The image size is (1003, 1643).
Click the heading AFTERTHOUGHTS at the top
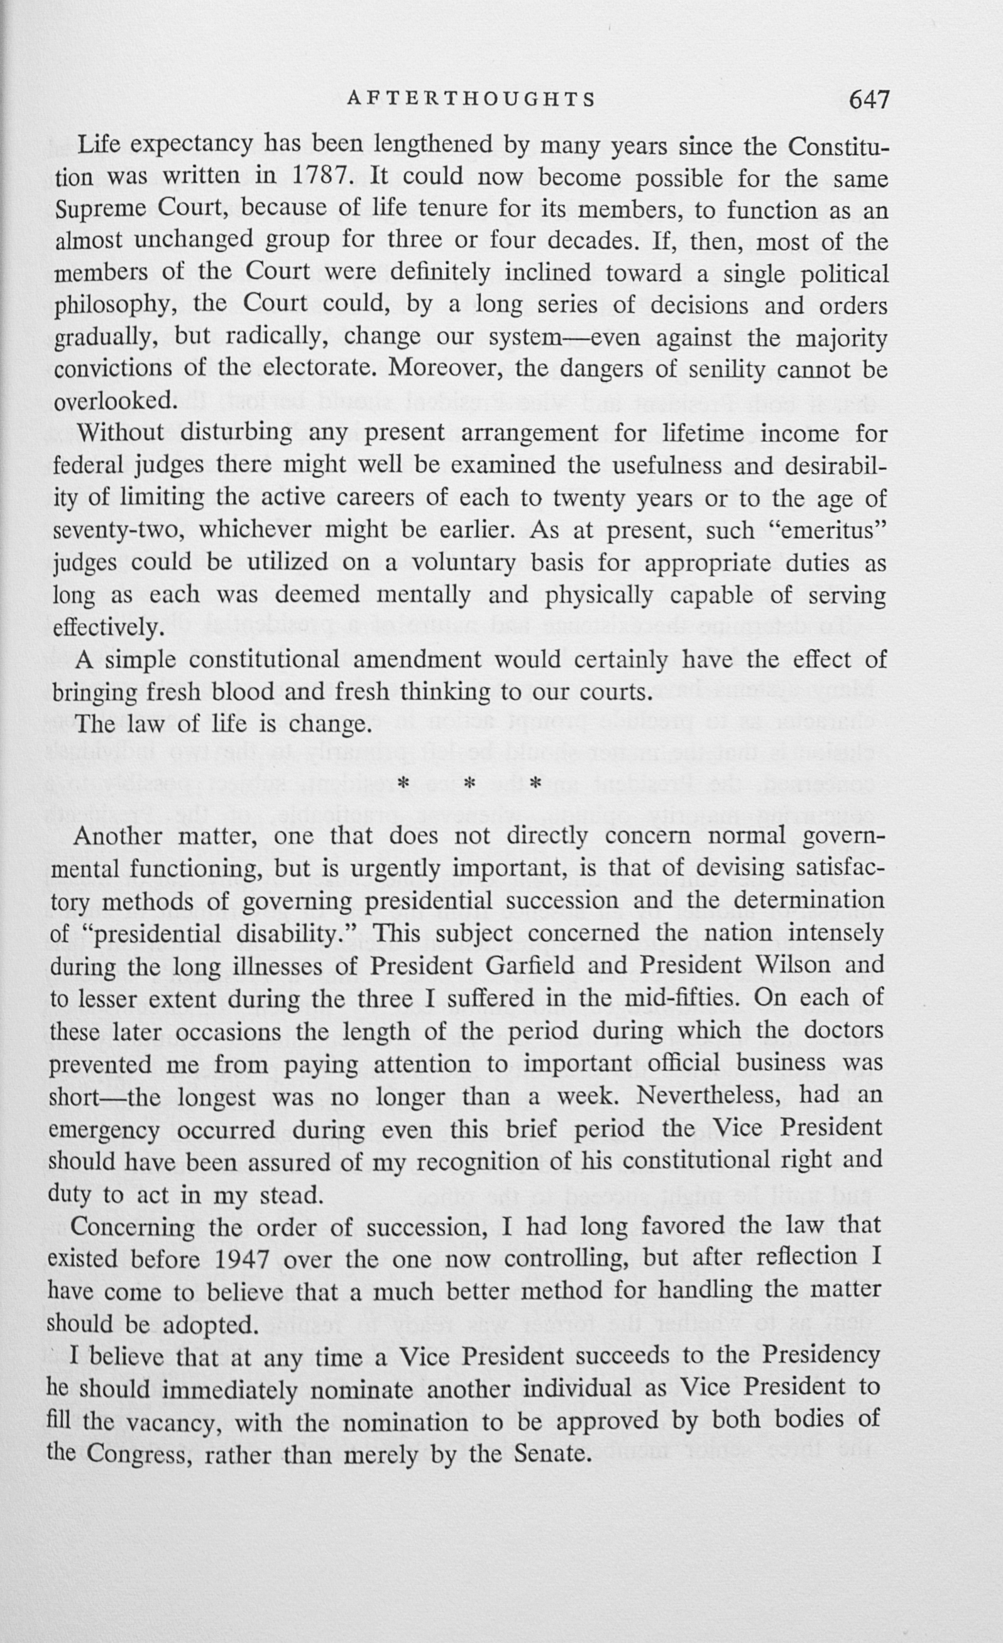(471, 99)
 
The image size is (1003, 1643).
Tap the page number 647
(869, 99)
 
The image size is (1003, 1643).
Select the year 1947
(243, 1259)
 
